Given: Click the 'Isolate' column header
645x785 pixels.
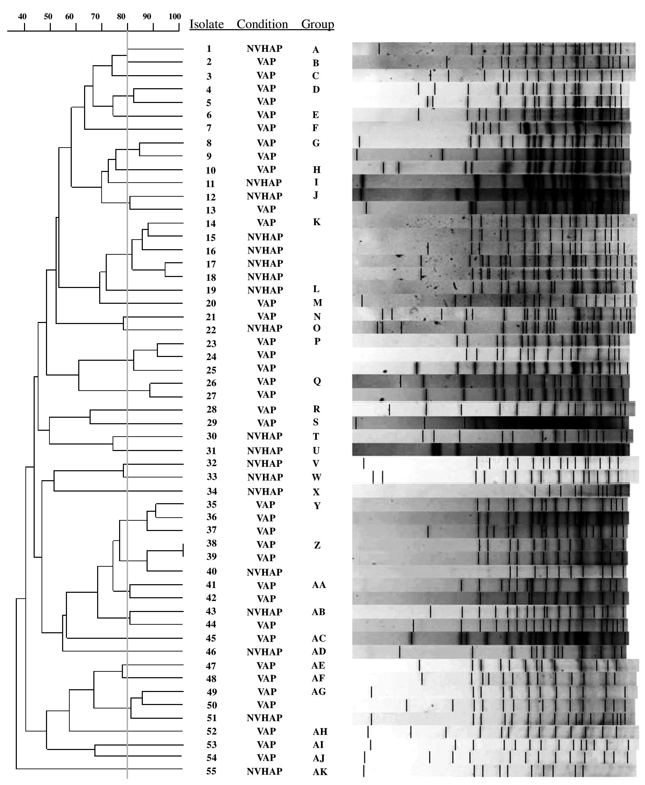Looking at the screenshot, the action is tap(207, 24).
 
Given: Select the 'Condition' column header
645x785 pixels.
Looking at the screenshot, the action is tap(262, 24).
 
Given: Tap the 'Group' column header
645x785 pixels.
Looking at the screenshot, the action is tap(318, 24).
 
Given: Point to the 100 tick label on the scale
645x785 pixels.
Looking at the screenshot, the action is tap(175, 16).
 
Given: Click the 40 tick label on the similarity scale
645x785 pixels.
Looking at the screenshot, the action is tap(22, 16).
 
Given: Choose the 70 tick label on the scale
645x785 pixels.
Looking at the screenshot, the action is tap(95, 16).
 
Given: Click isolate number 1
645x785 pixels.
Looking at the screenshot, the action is tap(209, 49).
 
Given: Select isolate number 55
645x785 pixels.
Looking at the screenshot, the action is tap(211, 771).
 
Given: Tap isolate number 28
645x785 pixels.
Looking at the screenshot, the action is tap(211, 409).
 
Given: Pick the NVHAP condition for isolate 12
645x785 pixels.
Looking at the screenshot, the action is tap(265, 196).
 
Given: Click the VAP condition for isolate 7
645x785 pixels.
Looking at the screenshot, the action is tap(266, 128).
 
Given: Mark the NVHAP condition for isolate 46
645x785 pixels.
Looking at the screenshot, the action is tap(265, 651).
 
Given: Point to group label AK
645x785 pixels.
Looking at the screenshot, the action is tap(320, 772).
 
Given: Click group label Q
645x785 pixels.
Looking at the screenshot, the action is tap(317, 381).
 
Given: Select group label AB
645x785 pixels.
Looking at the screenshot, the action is tap(319, 612).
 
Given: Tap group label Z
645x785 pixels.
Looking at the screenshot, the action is tap(317, 545).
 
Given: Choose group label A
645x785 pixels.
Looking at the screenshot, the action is tap(315, 50).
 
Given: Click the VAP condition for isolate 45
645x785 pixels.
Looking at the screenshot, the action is tap(266, 638).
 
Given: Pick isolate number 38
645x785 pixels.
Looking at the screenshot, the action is tap(211, 543).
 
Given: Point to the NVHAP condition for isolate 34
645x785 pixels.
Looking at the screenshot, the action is tap(265, 492).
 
